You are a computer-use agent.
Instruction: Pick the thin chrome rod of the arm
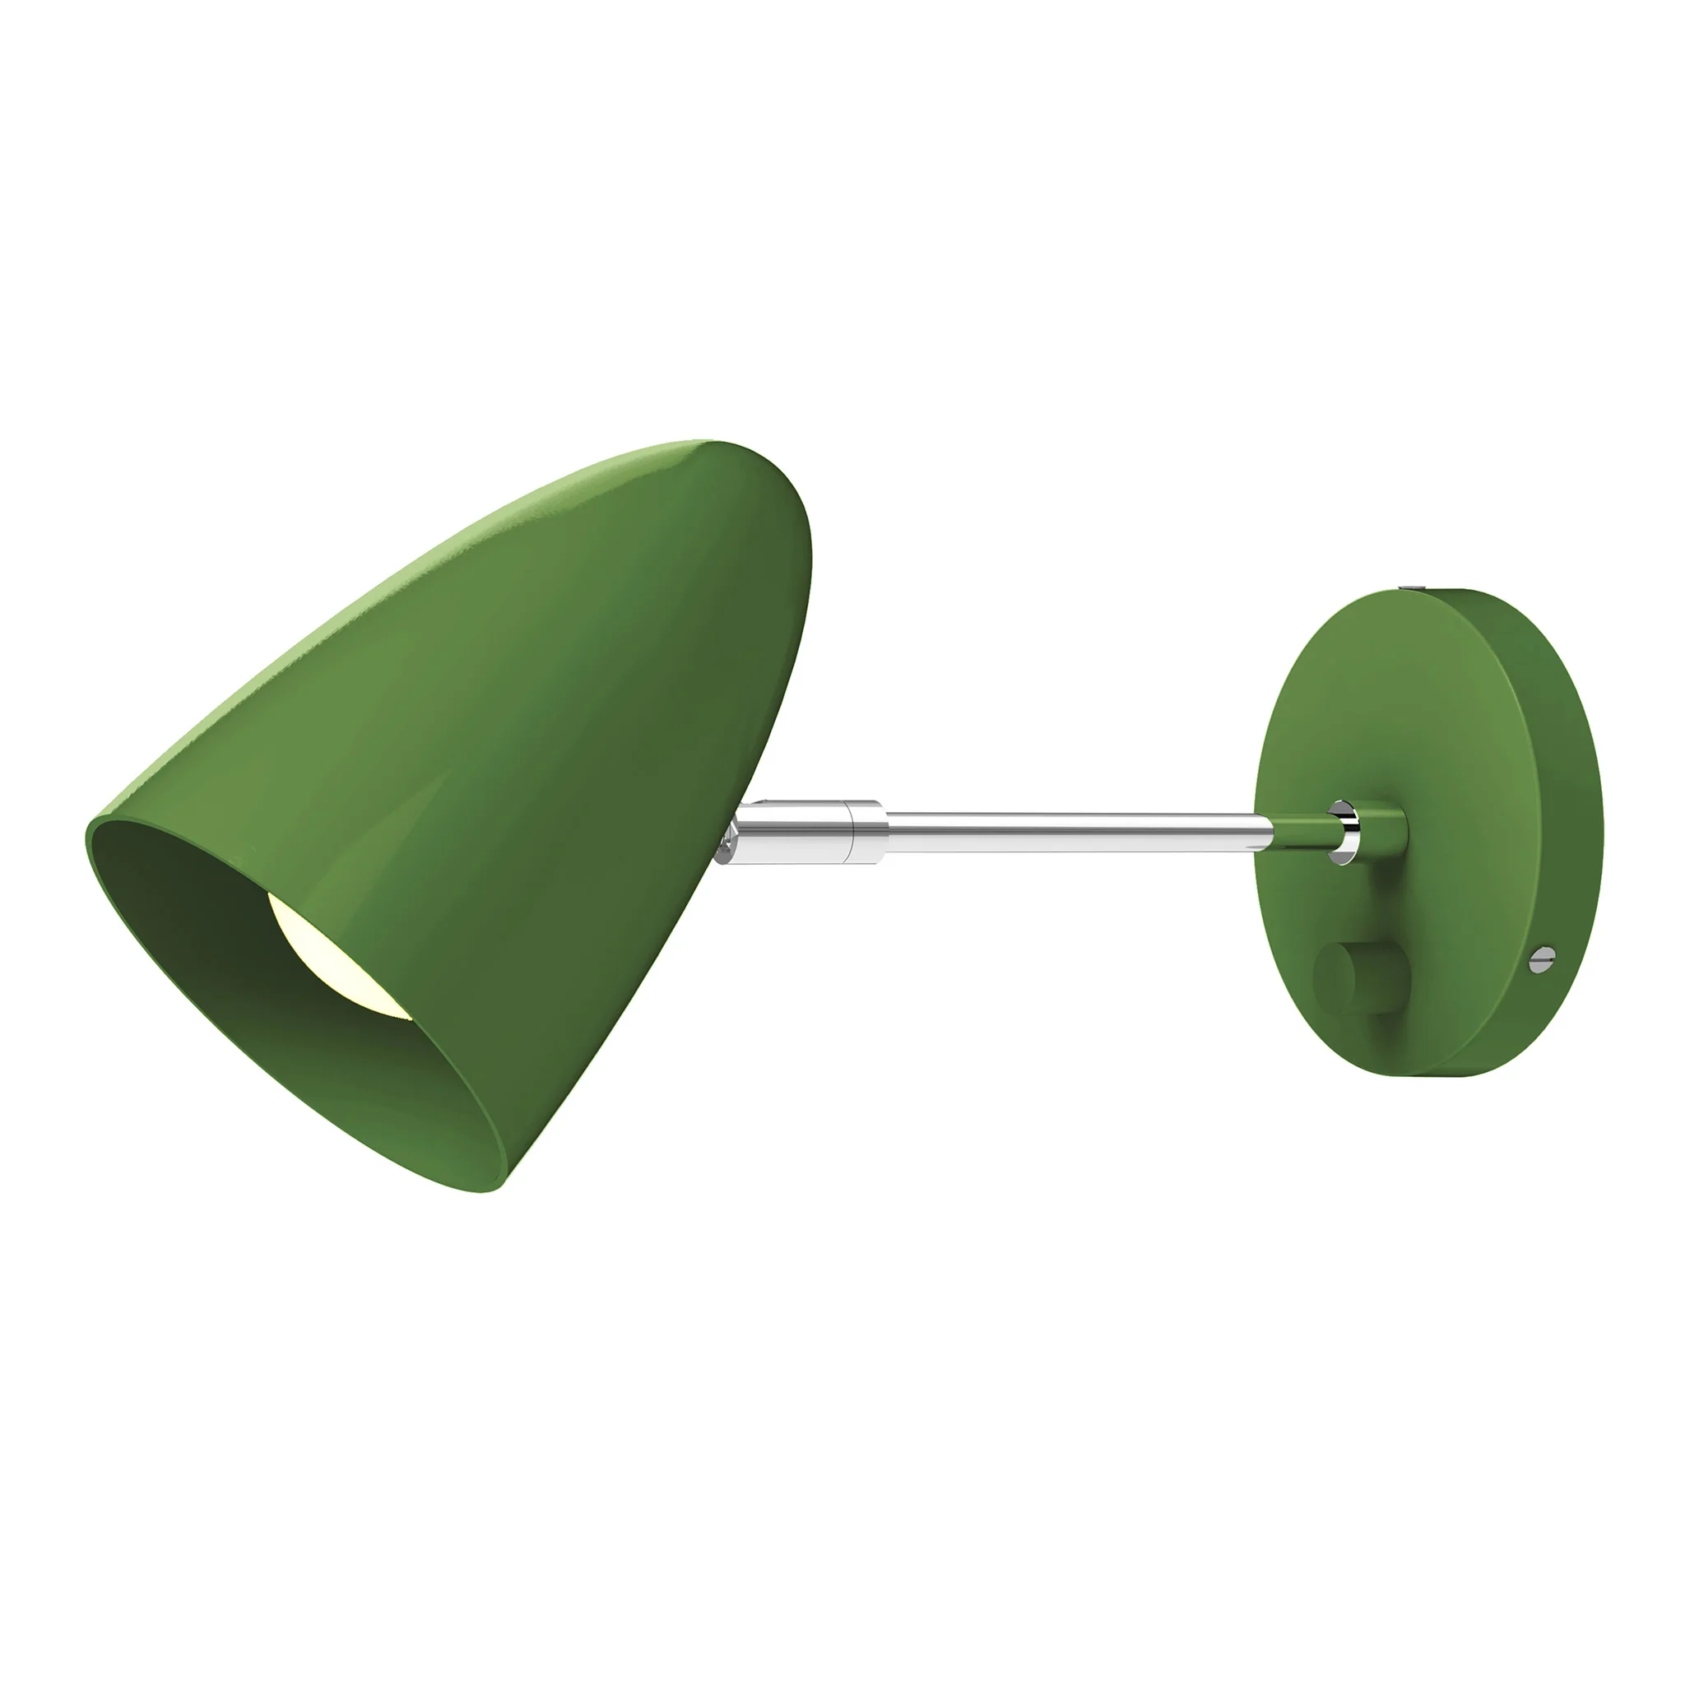[1073, 831]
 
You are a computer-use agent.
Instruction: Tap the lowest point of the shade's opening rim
[489, 1191]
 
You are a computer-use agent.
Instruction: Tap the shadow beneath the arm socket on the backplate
[1386, 898]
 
